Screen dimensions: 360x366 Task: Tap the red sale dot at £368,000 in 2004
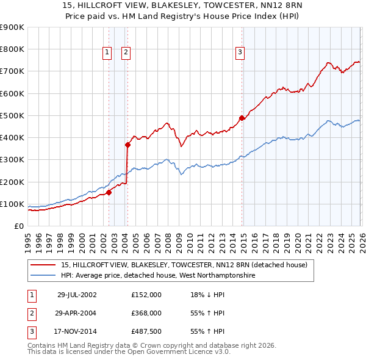pyautogui.click(x=127, y=145)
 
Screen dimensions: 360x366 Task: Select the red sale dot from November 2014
pyautogui.click(x=242, y=118)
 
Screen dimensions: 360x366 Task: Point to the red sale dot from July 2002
pyautogui.click(x=109, y=192)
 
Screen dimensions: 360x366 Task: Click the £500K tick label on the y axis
pyautogui.click(x=12, y=115)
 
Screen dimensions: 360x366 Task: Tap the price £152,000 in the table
pyautogui.click(x=146, y=294)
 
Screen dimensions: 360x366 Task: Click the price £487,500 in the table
pyautogui.click(x=146, y=332)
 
